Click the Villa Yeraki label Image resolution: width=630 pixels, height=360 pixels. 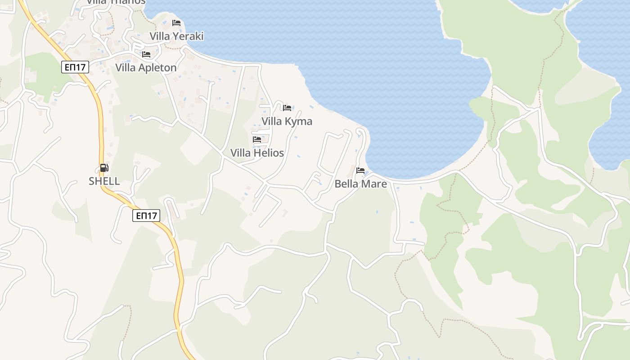click(176, 36)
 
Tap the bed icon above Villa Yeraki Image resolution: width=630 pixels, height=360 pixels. click(176, 23)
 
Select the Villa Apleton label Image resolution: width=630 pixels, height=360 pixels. click(146, 67)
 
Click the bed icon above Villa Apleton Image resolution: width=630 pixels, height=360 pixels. click(146, 54)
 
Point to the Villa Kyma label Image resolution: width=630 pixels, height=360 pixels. click(287, 121)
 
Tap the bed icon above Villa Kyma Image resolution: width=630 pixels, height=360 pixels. click(287, 108)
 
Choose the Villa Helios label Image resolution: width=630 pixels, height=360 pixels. click(257, 153)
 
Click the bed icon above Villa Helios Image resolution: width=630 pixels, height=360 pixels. click(257, 139)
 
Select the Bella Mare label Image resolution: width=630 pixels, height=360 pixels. click(360, 184)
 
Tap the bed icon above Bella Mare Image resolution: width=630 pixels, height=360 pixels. click(360, 171)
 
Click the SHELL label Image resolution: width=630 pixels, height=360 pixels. click(104, 181)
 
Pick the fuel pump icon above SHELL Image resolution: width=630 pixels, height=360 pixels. click(104, 168)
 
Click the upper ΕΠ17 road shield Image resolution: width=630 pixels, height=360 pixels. click(76, 67)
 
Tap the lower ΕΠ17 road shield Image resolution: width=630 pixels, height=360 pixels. click(147, 216)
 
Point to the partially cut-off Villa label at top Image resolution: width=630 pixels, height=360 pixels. click(116, 2)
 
